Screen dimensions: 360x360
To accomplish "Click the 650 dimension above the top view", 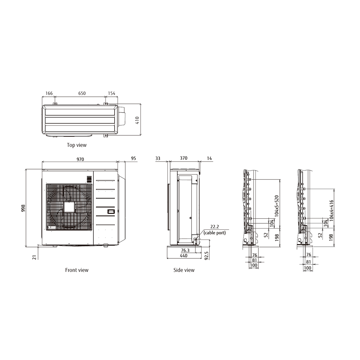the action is pyautogui.click(x=82, y=93).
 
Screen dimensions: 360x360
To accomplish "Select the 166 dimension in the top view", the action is pyautogui.click(x=49, y=93).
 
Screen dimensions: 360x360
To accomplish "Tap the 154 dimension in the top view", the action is pyautogui.click(x=112, y=93).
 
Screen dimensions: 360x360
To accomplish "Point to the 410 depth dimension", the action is pyautogui.click(x=137, y=120).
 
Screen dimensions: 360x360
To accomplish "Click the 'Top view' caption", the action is pyautogui.click(x=77, y=145).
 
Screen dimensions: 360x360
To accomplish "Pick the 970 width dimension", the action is pyautogui.click(x=80, y=159).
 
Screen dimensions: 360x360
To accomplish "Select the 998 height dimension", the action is pyautogui.click(x=23, y=208).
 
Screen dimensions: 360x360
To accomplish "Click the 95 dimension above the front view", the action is pyautogui.click(x=133, y=158).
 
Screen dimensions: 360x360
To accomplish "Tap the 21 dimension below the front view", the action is pyautogui.click(x=34, y=257).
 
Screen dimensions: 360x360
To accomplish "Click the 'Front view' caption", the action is pyautogui.click(x=77, y=270).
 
